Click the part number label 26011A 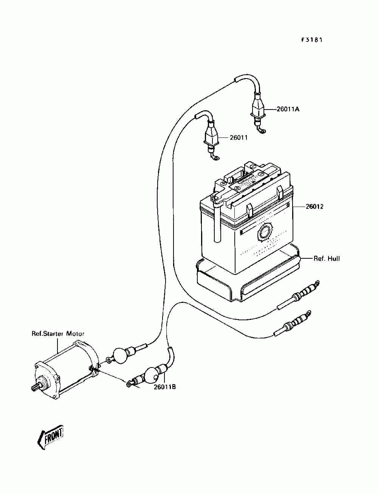point(288,110)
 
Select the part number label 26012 point(314,206)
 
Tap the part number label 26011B point(165,387)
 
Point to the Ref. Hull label point(327,259)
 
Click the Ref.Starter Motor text point(58,333)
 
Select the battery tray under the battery point(248,279)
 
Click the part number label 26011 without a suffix point(239,137)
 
